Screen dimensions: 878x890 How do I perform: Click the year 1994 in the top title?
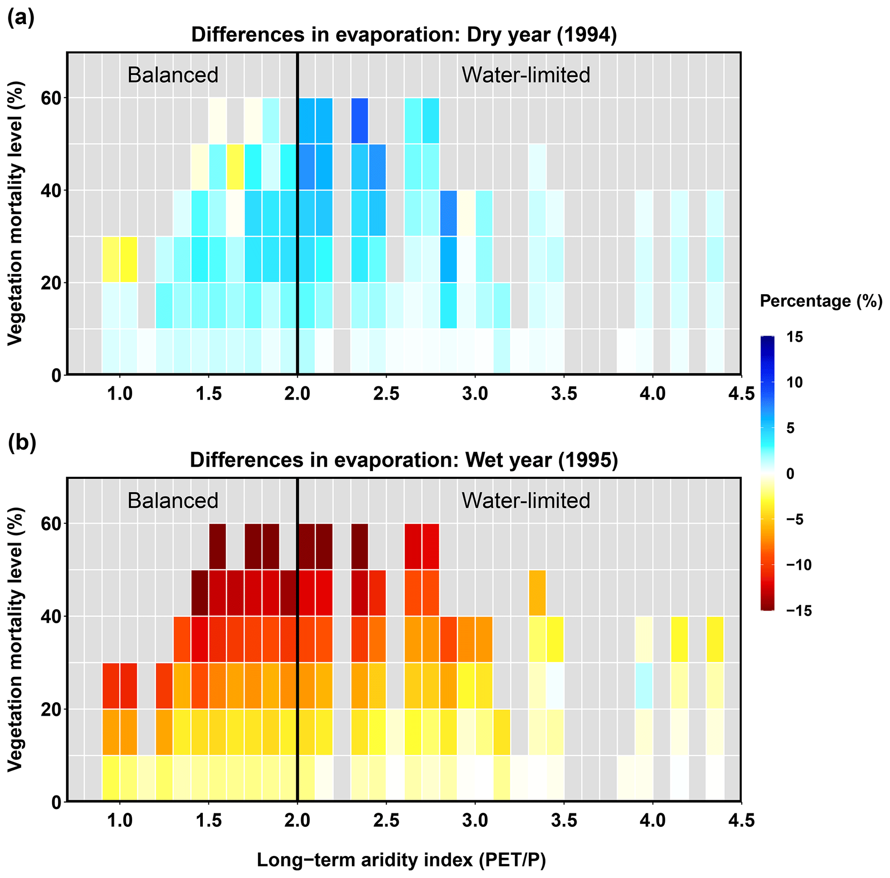point(586,35)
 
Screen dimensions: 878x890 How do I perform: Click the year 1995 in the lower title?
point(588,460)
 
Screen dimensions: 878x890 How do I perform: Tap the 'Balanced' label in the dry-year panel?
point(173,75)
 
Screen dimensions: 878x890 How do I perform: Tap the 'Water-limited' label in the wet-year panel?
point(526,501)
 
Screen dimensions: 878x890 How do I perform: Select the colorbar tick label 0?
point(790,474)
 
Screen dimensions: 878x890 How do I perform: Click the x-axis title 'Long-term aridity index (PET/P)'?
point(401,860)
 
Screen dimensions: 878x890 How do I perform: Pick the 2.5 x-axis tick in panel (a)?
point(386,394)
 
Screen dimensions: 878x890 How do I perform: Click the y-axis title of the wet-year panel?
point(15,640)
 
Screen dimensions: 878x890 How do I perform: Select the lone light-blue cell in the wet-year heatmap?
point(644,686)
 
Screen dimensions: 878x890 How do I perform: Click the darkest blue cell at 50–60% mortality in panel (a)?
point(360,121)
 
